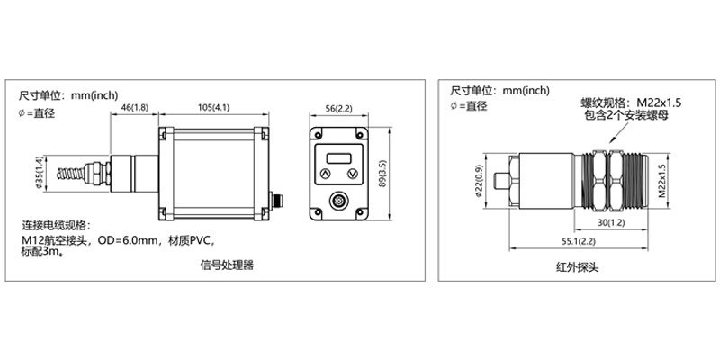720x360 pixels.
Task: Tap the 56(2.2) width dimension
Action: click(342, 109)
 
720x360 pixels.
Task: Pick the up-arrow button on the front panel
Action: click(323, 175)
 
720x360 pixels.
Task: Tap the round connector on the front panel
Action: click(340, 201)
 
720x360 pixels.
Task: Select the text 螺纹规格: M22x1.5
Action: click(631, 103)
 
